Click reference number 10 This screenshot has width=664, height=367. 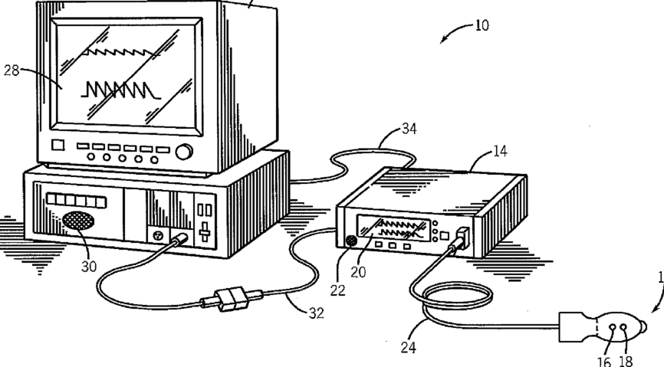tap(481, 25)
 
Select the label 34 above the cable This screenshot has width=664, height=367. tap(409, 128)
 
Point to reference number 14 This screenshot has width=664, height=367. tap(499, 152)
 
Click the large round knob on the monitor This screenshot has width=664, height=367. tap(184, 152)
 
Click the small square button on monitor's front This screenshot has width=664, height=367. tap(57, 146)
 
